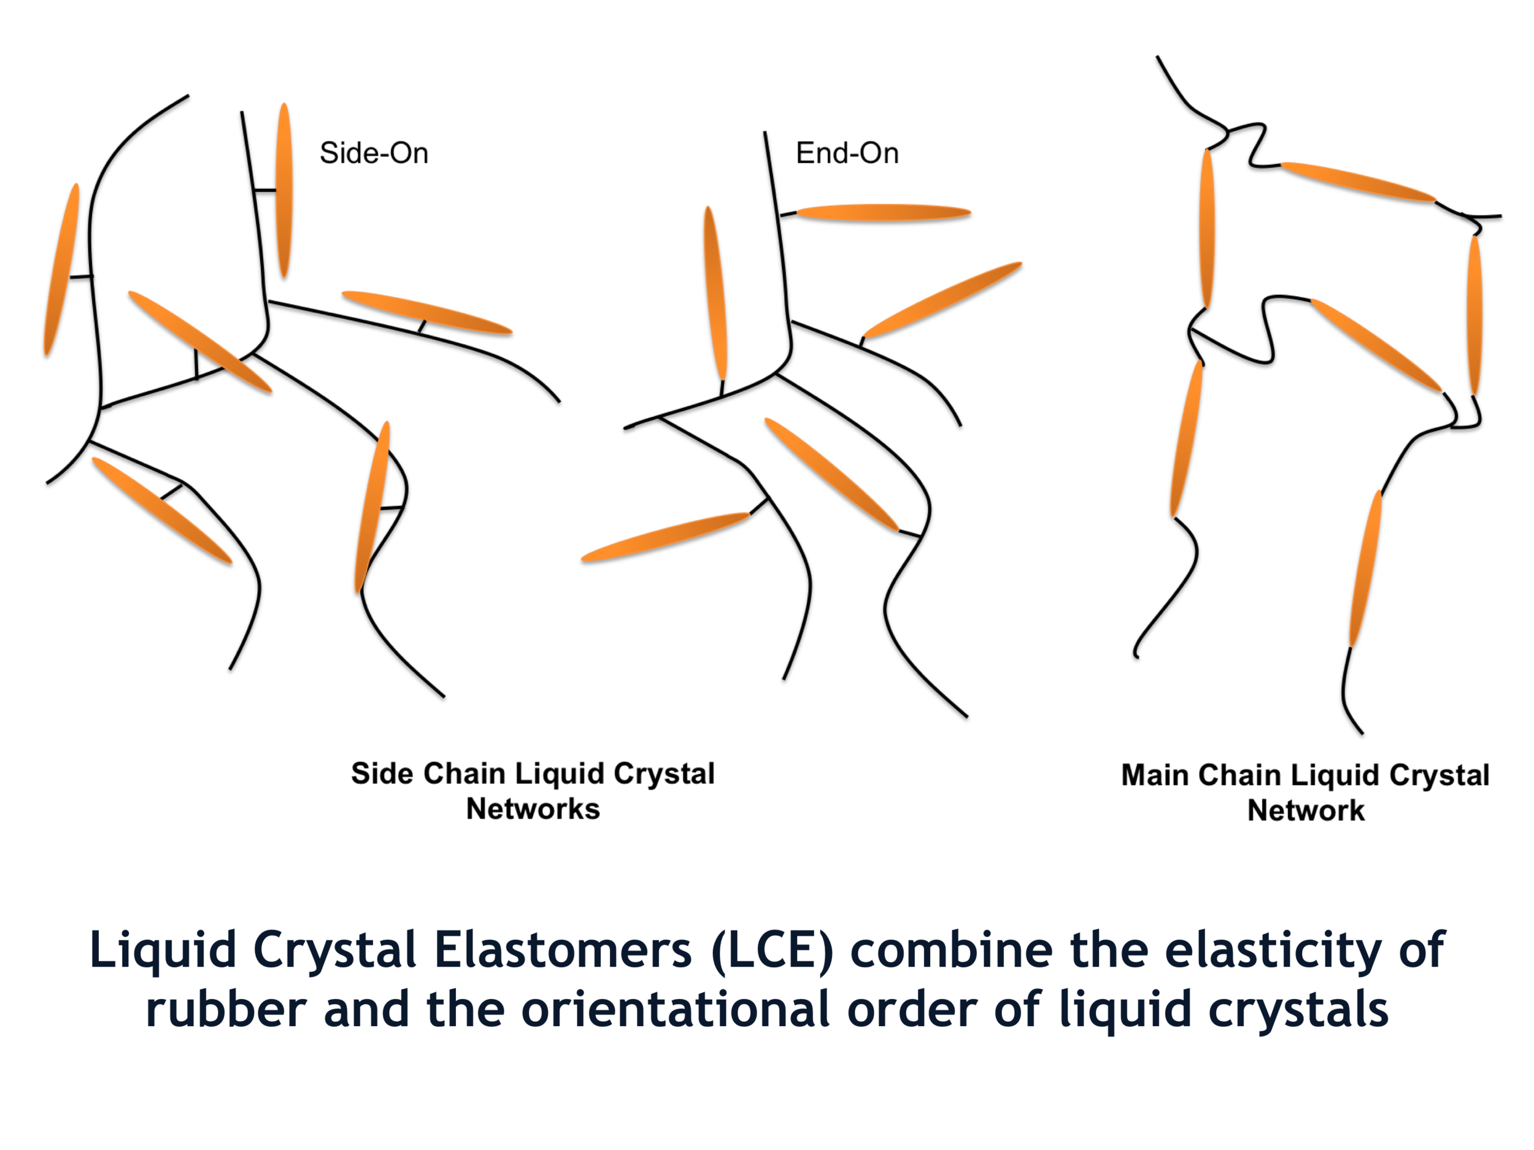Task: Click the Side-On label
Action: coord(374,153)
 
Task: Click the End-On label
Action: coord(847,153)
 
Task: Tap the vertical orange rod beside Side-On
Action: coord(283,190)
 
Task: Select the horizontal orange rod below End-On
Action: coord(883,213)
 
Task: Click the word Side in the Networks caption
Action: coord(379,773)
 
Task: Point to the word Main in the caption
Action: coord(1155,775)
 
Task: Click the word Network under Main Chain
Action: coord(1306,810)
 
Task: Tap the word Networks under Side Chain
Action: coord(533,809)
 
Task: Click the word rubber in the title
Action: coord(226,1010)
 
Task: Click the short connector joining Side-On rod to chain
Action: coord(265,190)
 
